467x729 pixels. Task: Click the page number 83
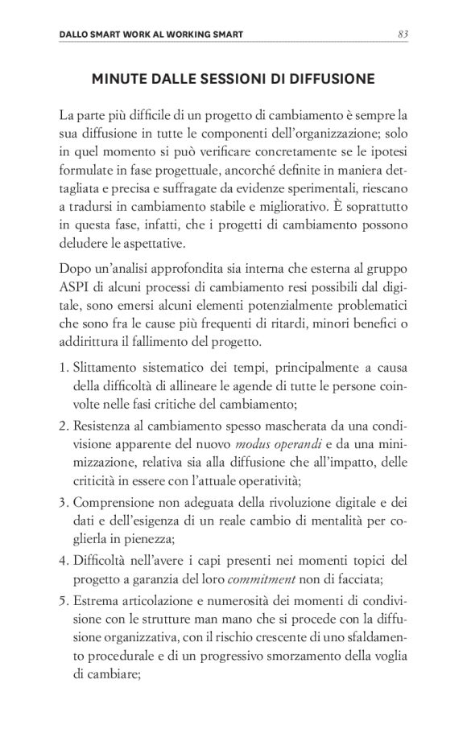click(x=403, y=34)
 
